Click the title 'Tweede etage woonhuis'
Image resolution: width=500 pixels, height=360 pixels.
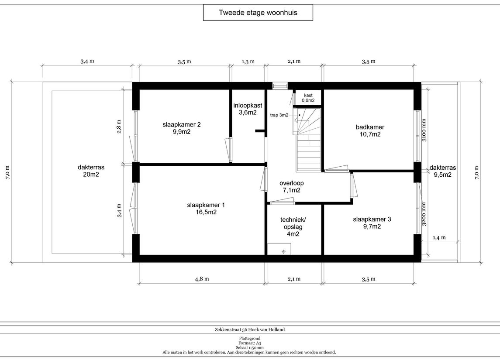tap(258, 13)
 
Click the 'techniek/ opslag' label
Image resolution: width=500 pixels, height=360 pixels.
tap(293, 227)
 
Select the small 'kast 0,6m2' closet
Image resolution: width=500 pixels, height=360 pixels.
tap(308, 98)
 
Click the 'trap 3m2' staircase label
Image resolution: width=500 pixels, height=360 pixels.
tap(279, 115)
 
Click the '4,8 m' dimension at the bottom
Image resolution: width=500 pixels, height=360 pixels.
tap(202, 279)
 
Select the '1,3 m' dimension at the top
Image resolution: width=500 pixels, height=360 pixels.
tap(248, 62)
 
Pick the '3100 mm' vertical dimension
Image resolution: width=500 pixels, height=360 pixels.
tap(424, 130)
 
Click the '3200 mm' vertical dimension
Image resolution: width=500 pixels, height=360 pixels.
tap(424, 214)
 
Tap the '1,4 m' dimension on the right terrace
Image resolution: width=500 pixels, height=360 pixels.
tap(439, 238)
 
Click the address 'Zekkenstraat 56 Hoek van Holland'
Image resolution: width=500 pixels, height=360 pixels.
tap(250, 330)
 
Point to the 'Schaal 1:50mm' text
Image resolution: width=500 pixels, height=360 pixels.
tap(250, 348)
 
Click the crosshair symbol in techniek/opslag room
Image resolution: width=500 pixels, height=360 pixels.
tap(283, 252)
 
